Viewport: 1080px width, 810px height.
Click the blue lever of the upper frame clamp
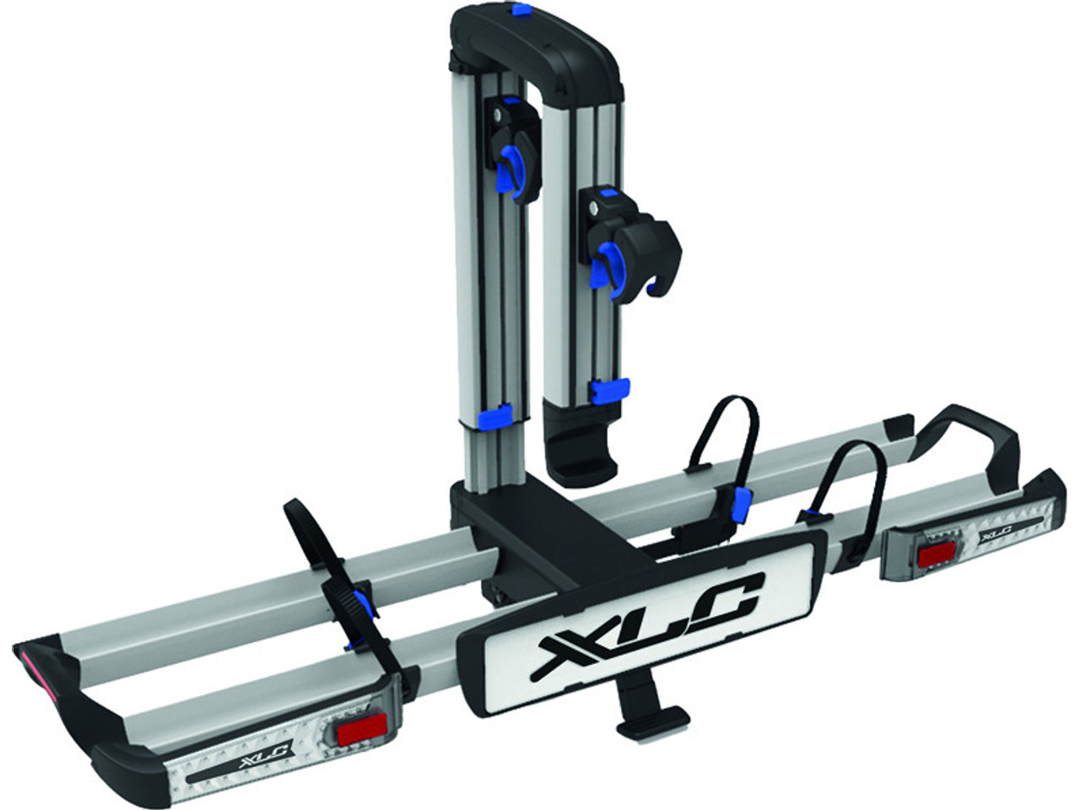pos(510,169)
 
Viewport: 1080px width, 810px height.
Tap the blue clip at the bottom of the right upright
pos(609,389)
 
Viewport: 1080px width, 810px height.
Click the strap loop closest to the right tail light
pos(852,489)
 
